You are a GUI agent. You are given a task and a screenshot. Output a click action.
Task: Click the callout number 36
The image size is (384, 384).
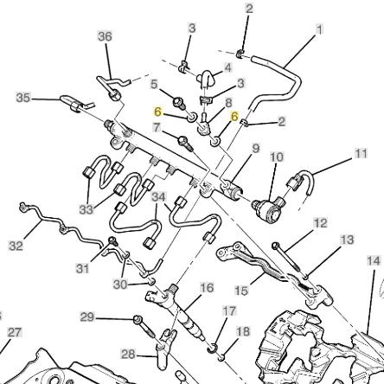(x=105, y=36)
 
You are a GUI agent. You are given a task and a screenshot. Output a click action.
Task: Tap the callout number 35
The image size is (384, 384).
(x=23, y=98)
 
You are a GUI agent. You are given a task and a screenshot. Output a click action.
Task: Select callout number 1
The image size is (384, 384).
(x=319, y=29)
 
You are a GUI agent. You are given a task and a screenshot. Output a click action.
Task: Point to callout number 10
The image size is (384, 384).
(x=277, y=157)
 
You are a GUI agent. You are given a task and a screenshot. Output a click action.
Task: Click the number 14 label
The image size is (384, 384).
(x=374, y=261)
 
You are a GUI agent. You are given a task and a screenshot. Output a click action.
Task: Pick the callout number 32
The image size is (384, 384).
(x=16, y=246)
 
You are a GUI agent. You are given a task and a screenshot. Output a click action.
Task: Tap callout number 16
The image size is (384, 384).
(x=207, y=288)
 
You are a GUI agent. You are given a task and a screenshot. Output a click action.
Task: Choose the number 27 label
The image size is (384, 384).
(x=15, y=332)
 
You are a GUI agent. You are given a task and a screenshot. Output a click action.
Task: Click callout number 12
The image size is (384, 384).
(x=320, y=223)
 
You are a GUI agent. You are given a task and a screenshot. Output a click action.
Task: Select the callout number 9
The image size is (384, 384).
(x=256, y=149)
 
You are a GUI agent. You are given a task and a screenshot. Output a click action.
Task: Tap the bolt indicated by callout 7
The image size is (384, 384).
(x=184, y=143)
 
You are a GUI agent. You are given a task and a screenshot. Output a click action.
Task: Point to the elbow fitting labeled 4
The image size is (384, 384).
(x=206, y=78)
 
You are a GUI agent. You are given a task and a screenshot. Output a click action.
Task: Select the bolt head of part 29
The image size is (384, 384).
(x=138, y=319)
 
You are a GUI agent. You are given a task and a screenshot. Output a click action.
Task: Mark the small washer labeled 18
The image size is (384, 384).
(x=221, y=358)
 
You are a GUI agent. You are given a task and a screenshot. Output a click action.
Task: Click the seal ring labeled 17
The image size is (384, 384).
(x=212, y=349)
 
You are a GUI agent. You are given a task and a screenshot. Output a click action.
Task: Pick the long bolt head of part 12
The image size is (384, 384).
(x=275, y=246)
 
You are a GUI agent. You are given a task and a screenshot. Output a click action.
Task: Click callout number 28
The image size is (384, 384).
(x=128, y=354)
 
